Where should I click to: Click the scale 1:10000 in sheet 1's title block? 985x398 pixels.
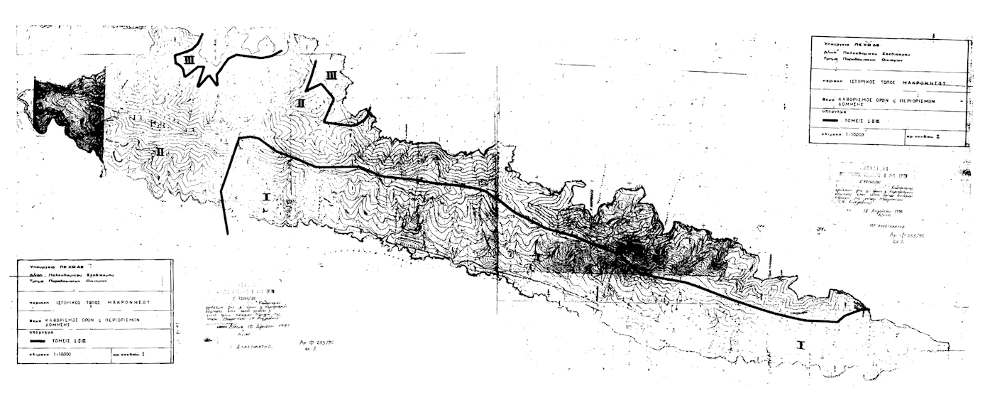click(55, 353)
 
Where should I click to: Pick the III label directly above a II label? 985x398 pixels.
click(330, 75)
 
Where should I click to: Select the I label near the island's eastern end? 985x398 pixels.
click(800, 345)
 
